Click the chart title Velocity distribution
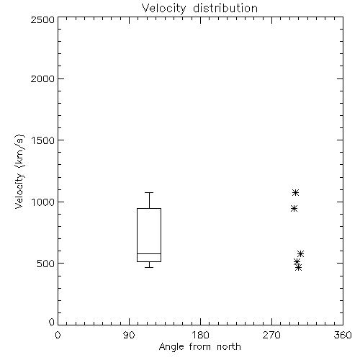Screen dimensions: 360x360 point(199,9)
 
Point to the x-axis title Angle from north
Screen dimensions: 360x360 point(199,347)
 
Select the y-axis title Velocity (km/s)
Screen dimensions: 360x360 point(19,172)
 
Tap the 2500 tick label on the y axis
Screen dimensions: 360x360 point(42,19)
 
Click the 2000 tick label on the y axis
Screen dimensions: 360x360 point(42,78)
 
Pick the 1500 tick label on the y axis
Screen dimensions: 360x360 point(43,140)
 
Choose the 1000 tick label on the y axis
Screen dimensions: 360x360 point(43,202)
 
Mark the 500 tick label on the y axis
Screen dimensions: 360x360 point(46,264)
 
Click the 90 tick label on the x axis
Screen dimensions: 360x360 point(129,335)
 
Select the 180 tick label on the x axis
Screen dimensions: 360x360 point(200,335)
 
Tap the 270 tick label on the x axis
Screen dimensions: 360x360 point(271,335)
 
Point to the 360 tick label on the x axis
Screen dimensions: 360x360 point(343,335)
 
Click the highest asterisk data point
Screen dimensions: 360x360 point(295,192)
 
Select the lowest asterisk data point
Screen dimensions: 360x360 point(298,267)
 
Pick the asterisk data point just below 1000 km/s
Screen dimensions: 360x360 point(294,209)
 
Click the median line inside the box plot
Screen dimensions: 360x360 point(149,253)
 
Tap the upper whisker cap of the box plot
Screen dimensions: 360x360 point(149,192)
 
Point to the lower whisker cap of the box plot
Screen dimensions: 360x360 point(149,267)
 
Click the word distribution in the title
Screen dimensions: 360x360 point(225,9)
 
